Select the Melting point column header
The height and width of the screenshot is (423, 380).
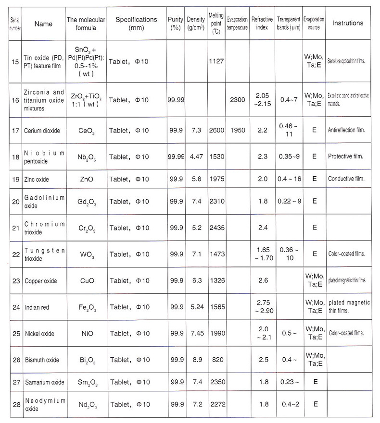point(216,23)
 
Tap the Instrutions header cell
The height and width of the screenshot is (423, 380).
point(348,23)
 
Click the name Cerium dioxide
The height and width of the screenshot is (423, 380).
point(42,131)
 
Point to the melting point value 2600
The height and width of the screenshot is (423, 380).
point(216,131)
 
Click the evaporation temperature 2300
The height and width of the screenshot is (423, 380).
point(237,100)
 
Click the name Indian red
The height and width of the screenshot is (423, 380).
point(39,307)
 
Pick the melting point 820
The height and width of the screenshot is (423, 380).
point(216,360)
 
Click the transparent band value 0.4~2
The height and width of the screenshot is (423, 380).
point(289,404)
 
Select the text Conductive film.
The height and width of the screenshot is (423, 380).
point(345,179)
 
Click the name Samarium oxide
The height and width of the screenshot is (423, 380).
point(44,382)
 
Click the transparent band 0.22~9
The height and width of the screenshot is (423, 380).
point(289,201)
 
